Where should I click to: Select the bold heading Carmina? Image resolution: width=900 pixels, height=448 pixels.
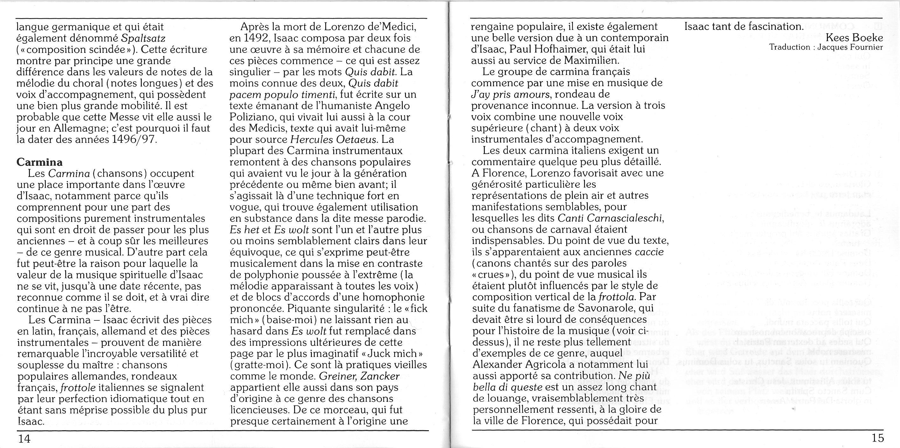[x=39, y=162]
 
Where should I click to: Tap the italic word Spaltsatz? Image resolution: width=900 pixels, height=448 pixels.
[x=144, y=38]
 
